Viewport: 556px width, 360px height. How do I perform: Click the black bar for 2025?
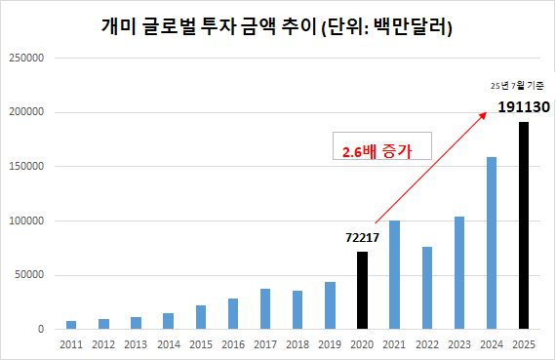[x=524, y=225]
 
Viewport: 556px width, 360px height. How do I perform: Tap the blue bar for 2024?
[x=492, y=243]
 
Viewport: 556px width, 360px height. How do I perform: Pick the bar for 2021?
[x=395, y=275]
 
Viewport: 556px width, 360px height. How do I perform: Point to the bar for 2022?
[x=427, y=288]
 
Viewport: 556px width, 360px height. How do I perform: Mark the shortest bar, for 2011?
[x=71, y=325]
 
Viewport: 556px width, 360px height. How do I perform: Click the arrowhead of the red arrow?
[x=485, y=113]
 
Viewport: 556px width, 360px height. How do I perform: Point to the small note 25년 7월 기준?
[x=518, y=87]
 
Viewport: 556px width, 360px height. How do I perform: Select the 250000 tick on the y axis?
[x=26, y=58]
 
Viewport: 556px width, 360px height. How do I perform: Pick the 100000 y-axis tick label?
[x=26, y=220]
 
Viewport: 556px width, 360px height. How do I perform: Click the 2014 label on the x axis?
[x=168, y=344]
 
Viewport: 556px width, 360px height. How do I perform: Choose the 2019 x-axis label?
[x=330, y=344]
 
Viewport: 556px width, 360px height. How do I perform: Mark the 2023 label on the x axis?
[x=459, y=344]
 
